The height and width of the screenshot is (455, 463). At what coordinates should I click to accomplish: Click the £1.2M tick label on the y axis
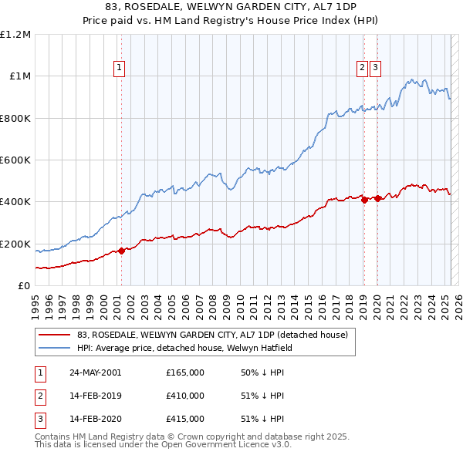tap(15, 35)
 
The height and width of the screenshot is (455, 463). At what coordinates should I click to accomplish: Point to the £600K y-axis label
tap(15, 160)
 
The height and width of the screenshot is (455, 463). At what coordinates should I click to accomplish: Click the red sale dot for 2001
tap(121, 251)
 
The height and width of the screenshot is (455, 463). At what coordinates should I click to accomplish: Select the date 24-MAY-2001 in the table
tap(95, 372)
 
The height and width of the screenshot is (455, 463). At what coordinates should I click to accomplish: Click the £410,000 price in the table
tap(185, 396)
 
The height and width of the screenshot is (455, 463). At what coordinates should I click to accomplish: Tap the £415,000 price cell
tap(185, 419)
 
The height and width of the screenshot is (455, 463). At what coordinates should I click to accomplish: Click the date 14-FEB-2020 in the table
tap(95, 419)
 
